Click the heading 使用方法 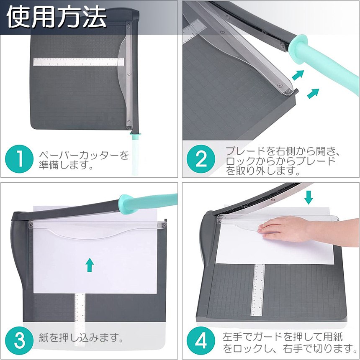click(x=57, y=17)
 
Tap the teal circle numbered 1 click(x=19, y=159)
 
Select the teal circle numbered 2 click(x=201, y=159)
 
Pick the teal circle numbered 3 click(x=19, y=340)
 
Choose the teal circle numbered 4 click(x=201, y=340)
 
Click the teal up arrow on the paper click(x=90, y=265)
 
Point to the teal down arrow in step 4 click(x=308, y=197)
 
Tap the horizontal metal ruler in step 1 click(x=79, y=62)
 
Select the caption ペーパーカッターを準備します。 click(x=84, y=160)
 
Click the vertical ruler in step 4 click(x=258, y=290)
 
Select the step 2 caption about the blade click(x=282, y=161)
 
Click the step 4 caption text click(x=290, y=342)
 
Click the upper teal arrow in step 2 click(x=298, y=75)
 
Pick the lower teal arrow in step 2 click(x=313, y=93)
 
